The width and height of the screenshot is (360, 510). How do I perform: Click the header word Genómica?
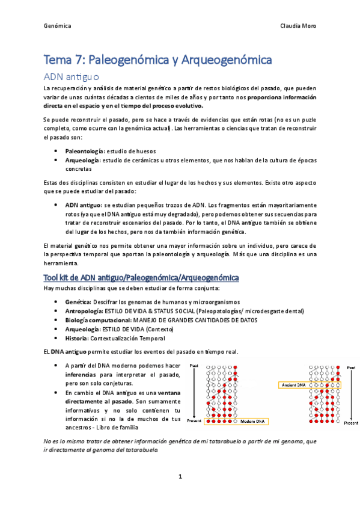[x=58, y=26]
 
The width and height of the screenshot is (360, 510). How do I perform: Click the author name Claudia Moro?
[x=298, y=26]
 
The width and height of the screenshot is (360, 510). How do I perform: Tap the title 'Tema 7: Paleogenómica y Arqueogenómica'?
[x=158, y=60]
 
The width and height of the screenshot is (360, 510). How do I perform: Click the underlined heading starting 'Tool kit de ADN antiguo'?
[x=141, y=277]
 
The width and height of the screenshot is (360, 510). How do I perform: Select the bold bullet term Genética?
[x=78, y=301]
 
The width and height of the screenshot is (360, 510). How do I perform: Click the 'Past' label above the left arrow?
[x=194, y=365]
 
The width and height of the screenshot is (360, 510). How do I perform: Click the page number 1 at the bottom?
[x=180, y=476]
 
